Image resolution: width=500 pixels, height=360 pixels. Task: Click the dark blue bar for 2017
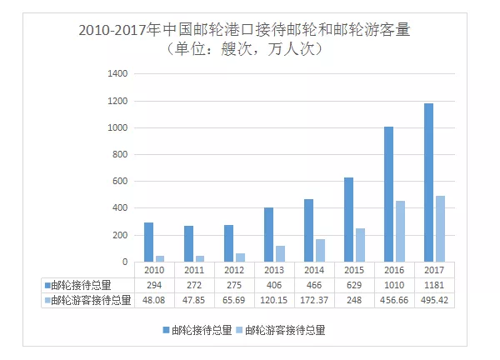[427, 182]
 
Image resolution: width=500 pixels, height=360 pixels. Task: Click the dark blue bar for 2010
[148, 242]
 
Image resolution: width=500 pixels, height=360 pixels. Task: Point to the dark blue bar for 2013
[268, 235]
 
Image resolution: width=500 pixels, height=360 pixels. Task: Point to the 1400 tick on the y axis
[116, 74]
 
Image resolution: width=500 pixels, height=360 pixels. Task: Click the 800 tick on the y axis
[118, 155]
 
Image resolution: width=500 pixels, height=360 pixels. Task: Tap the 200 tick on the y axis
[118, 236]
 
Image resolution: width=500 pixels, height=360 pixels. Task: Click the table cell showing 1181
[433, 285]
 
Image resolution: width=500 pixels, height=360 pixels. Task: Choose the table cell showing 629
[353, 285]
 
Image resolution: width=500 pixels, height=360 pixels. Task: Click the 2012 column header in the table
[233, 271]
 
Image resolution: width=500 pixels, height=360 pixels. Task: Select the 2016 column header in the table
[393, 271]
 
